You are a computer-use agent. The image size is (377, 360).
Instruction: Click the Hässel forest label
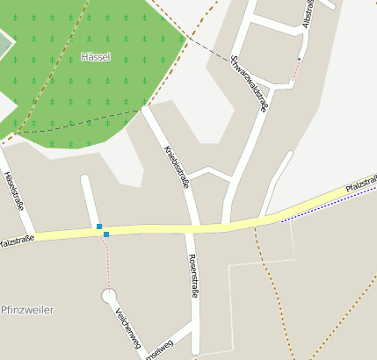tap(94, 56)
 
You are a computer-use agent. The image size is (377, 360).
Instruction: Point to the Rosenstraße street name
tap(193, 277)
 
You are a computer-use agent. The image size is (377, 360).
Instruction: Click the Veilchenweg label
tap(127, 328)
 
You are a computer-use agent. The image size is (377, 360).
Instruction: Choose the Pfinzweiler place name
tap(28, 310)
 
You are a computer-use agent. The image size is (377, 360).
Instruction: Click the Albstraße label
tap(308, 15)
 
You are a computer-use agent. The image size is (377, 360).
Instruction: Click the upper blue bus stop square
tap(99, 227)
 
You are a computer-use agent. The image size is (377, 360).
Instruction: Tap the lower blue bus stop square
tap(106, 234)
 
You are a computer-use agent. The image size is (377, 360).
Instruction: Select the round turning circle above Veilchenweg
tap(110, 296)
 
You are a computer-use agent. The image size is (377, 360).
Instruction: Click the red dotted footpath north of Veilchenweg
tap(108, 263)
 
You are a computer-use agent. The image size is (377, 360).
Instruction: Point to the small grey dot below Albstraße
tap(299, 59)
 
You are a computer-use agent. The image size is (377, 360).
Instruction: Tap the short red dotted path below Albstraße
tap(294, 71)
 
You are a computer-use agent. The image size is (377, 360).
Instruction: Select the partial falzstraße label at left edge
tap(17, 239)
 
